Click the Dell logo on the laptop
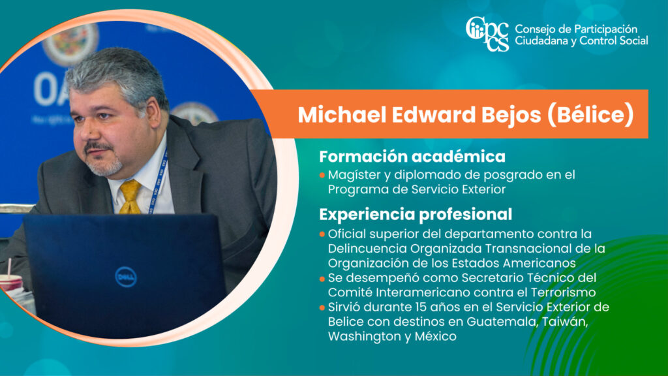coord(126,277)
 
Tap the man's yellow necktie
coord(130,196)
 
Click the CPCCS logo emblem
coord(487,34)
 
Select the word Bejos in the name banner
coord(511,115)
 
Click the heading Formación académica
coord(412,157)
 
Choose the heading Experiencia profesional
coord(416,214)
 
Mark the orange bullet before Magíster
coord(322,175)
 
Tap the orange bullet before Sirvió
coord(322,307)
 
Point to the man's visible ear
coord(152,112)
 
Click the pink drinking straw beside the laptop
coord(9,267)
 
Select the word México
coord(435,336)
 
